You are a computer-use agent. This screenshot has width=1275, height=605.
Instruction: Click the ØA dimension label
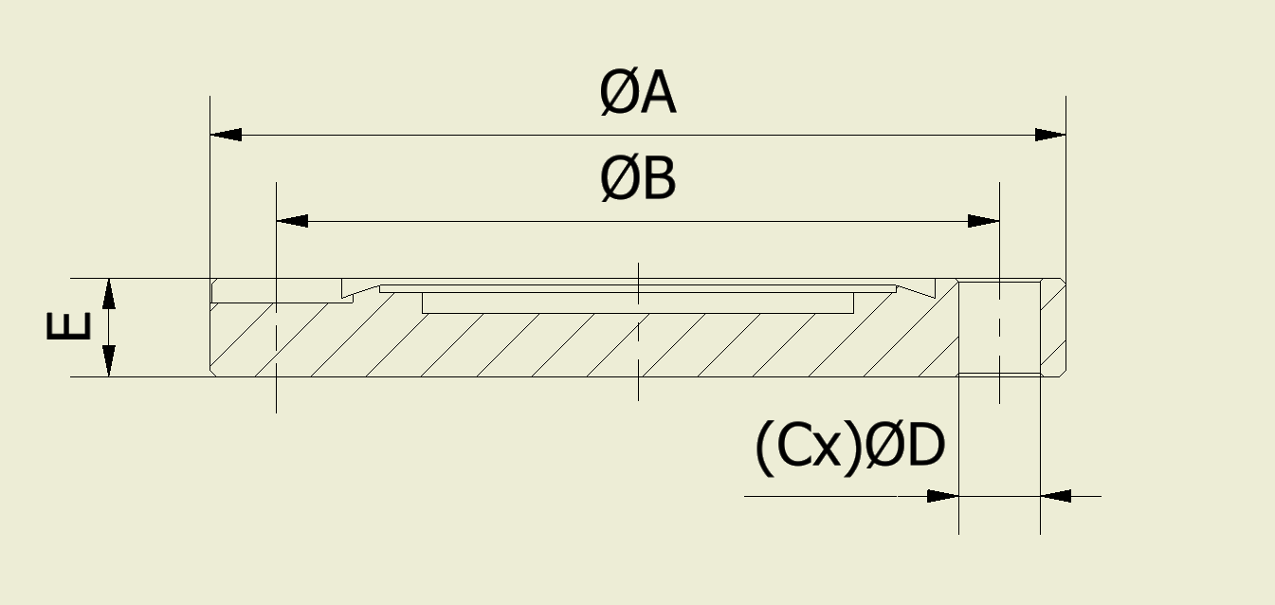[637, 95]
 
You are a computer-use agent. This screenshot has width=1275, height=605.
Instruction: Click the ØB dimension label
[637, 180]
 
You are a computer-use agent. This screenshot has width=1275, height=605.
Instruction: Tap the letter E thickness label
[68, 326]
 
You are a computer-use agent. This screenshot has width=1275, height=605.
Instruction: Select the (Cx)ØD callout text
[849, 448]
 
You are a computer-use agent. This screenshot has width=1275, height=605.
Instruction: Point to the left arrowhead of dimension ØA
[226, 135]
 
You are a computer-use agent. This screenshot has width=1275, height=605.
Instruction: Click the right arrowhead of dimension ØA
[1050, 135]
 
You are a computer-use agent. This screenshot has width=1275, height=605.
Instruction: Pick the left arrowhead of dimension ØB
[292, 221]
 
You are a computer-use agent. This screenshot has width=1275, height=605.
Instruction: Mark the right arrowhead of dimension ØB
[984, 221]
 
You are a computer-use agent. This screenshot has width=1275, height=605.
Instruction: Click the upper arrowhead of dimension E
[109, 294]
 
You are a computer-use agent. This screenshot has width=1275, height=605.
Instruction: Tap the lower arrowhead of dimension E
[109, 361]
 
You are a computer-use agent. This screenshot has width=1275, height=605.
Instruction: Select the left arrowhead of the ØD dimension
[942, 496]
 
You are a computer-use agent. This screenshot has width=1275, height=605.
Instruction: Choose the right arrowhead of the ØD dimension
[1056, 496]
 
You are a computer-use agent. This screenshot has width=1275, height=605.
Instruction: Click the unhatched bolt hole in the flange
[999, 328]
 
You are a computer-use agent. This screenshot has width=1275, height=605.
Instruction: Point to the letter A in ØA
[656, 95]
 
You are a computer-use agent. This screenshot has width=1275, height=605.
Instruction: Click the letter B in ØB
[659, 180]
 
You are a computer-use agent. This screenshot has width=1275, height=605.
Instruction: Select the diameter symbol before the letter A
[618, 95]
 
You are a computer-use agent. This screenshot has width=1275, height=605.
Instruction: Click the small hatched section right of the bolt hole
[1053, 328]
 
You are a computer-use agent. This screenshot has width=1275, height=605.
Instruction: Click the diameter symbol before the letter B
[618, 180]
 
